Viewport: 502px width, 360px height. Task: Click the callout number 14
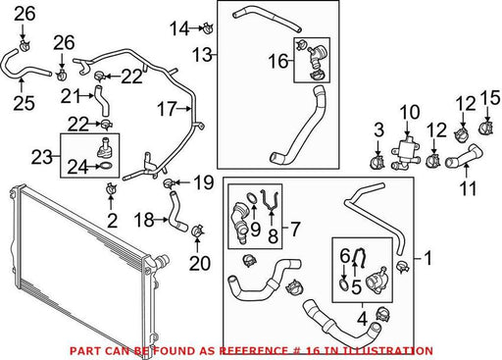pyautogui.click(x=179, y=28)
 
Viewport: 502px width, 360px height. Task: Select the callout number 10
pyautogui.click(x=410, y=112)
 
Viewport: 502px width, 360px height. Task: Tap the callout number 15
pyautogui.click(x=490, y=98)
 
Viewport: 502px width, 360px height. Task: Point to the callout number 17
pyautogui.click(x=167, y=109)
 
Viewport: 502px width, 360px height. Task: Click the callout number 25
pyautogui.click(x=24, y=103)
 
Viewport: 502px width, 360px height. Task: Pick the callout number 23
pyautogui.click(x=42, y=157)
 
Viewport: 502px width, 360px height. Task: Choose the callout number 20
pyautogui.click(x=200, y=263)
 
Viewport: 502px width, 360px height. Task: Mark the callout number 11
pyautogui.click(x=468, y=188)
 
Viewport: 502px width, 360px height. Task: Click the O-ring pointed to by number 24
pyautogui.click(x=107, y=166)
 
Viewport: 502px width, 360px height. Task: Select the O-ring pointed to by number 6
pyautogui.click(x=343, y=284)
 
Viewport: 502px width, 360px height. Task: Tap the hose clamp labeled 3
pyautogui.click(x=376, y=163)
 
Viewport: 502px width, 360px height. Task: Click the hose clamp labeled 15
pyautogui.click(x=486, y=128)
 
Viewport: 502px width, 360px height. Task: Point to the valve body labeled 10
pyautogui.click(x=406, y=153)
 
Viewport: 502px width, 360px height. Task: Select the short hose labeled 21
pyautogui.click(x=101, y=100)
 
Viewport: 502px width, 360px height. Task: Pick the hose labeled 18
pyautogui.click(x=176, y=212)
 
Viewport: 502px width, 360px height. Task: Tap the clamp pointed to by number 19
pyautogui.click(x=169, y=184)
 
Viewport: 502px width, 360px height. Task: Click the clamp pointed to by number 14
pyautogui.click(x=208, y=27)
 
